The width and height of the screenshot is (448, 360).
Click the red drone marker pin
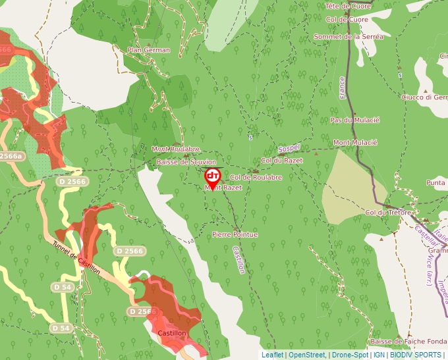[213, 176]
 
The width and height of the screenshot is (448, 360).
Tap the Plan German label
[149, 50]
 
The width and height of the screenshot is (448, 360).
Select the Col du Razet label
[282, 160]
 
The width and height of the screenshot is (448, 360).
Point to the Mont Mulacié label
[355, 142]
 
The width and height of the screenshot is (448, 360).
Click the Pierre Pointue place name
[235, 234]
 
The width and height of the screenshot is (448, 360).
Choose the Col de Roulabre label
[256, 177]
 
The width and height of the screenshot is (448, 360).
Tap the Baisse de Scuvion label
[186, 162]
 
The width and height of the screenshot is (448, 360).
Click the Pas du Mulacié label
[355, 120]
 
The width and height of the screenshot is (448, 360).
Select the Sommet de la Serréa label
[349, 37]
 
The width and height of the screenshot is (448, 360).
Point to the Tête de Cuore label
[347, 6]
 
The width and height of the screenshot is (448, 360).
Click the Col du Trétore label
[388, 213]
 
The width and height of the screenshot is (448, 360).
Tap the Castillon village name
[173, 333]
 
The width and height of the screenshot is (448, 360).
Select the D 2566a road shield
[10, 157]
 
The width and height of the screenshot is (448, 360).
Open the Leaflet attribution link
[273, 355]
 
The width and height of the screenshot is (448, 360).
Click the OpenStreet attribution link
[307, 355]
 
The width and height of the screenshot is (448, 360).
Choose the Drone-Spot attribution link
[350, 355]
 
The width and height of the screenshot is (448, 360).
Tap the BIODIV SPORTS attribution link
[416, 355]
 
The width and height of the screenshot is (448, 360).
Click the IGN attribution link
[379, 355]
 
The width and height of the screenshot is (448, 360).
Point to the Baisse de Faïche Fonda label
[408, 342]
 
